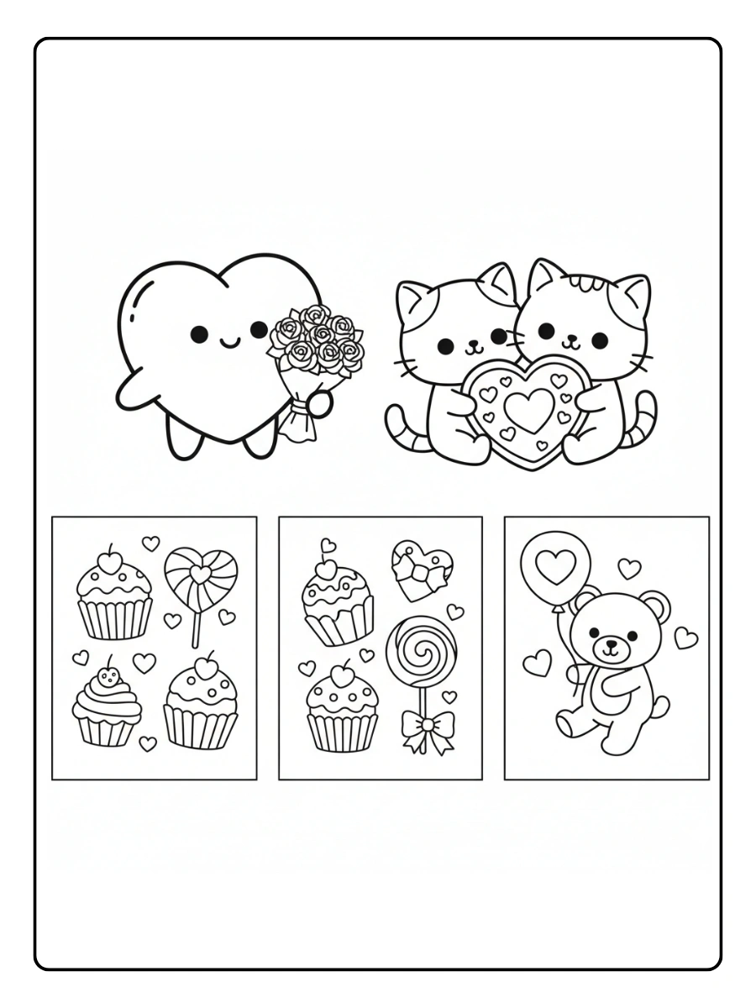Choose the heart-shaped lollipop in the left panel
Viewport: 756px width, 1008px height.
pos(200,575)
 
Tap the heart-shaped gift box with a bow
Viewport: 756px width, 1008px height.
pos(422,570)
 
